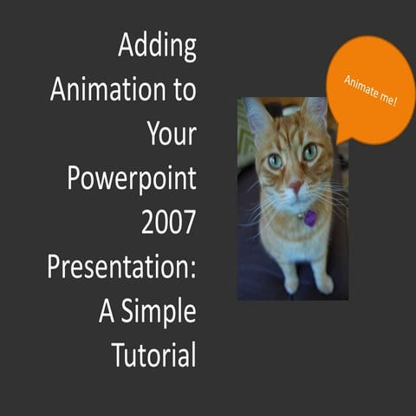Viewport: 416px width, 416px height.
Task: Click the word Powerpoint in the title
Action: [132, 179]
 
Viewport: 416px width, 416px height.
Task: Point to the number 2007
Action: [168, 223]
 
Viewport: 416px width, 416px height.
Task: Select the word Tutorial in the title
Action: [153, 354]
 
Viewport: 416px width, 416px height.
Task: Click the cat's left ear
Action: [257, 115]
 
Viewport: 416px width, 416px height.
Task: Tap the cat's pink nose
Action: [296, 186]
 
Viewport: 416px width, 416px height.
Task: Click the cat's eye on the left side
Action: [275, 160]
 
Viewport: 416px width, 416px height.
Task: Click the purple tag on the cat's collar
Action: [309, 218]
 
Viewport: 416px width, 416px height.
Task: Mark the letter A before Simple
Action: [107, 311]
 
